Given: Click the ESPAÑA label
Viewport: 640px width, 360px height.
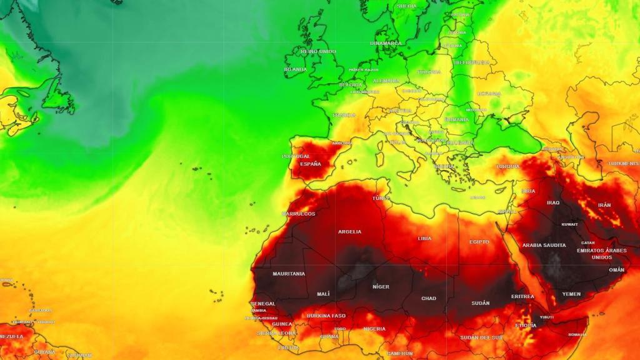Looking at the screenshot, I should pos(311,164).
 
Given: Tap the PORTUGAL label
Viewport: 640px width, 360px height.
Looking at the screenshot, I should pos(296,156).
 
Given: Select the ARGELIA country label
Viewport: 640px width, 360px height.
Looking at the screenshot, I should pos(349,232).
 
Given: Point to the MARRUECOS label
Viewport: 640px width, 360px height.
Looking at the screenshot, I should pos(299,214).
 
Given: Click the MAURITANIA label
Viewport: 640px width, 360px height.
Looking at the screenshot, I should pos(289,274).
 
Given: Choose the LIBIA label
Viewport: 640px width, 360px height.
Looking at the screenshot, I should pos(424,238).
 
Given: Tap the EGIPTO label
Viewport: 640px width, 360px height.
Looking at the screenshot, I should pos(479,242).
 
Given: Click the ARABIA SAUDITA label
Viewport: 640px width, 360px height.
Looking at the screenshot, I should pos(544,245).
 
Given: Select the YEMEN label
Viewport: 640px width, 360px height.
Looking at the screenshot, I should pos(571,294).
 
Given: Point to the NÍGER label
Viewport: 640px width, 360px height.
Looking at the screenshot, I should pos(381,287).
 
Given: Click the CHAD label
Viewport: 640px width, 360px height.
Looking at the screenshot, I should pos(429,298).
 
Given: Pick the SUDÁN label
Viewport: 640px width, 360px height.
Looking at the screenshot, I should pos(481,303).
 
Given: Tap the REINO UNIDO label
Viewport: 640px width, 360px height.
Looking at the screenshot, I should pos(318,51).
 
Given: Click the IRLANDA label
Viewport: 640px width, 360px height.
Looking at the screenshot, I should pos(296,69).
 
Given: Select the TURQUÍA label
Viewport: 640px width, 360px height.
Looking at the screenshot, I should pos(507,167).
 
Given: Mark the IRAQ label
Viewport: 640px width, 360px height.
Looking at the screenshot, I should pos(553,202).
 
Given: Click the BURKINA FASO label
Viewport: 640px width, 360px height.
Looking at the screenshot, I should pos(326,316).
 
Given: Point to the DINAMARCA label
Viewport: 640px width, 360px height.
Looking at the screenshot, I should pos(386,43).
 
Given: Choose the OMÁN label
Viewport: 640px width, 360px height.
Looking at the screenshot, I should pos(616,270).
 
